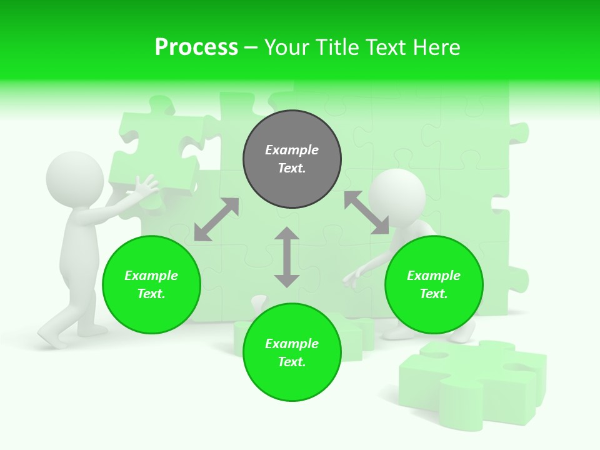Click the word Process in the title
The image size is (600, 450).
(x=196, y=47)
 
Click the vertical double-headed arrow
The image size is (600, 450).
(x=287, y=257)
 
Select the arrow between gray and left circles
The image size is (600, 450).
(x=216, y=219)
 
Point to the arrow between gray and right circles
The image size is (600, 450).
(x=366, y=212)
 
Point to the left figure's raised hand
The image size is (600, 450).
(x=146, y=187)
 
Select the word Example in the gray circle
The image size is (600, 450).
(x=292, y=150)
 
